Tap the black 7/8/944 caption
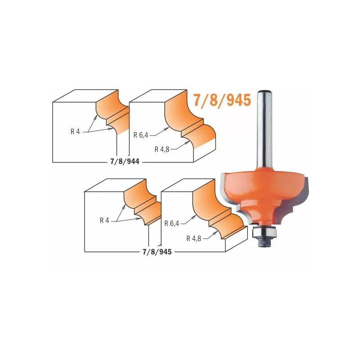pyautogui.click(x=125, y=162)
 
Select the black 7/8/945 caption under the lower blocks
pyautogui.click(x=157, y=252)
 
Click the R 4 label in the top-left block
pyautogui.click(x=75, y=132)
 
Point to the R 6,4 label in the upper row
pyautogui.click(x=141, y=135)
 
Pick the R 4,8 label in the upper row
pyautogui.click(x=162, y=149)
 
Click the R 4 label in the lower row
pyautogui.click(x=104, y=220)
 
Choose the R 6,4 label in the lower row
pyautogui.click(x=172, y=223)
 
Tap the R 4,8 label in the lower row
pyautogui.click(x=194, y=239)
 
